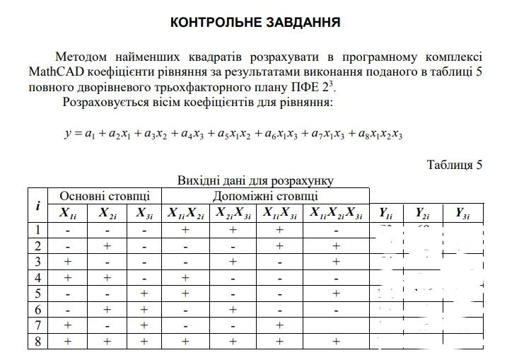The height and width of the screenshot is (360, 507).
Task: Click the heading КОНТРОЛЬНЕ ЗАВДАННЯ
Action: pos(255,23)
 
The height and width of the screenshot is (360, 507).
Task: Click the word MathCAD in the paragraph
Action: pos(54,71)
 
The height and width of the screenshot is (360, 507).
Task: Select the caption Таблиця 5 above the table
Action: pos(454,165)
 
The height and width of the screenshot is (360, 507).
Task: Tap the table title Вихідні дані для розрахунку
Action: pos(255,180)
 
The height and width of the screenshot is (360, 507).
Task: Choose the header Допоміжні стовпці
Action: pos(265,195)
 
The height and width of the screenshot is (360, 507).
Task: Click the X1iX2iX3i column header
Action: pos(336,213)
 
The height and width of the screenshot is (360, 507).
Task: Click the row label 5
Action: pos(37,294)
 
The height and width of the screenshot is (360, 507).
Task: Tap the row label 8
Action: pos(37,342)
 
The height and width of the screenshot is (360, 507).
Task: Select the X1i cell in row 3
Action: pos(67,262)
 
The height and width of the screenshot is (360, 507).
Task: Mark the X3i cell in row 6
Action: pos(144,310)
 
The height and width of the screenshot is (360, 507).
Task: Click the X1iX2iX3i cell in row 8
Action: pos(336,342)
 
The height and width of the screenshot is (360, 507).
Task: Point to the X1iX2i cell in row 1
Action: pos(185,230)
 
